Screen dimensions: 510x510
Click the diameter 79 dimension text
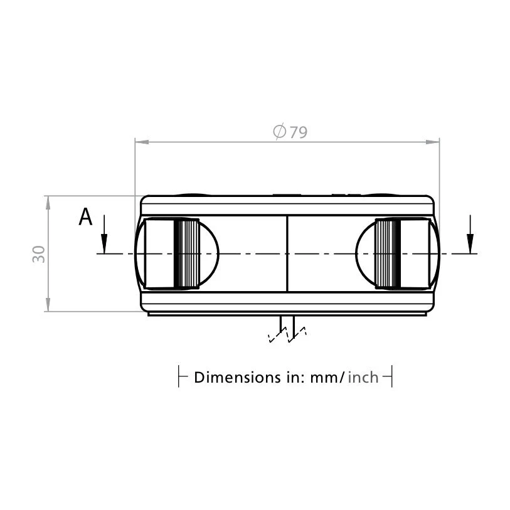coord(290,131)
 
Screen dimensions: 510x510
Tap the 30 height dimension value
coord(39,254)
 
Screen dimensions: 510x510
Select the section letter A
coord(85,216)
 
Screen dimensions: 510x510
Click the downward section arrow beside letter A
coord(104,234)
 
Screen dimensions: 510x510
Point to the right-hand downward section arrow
coord(470,234)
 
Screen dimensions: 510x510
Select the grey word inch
coord(363,377)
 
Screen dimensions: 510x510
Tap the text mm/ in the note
coord(327,378)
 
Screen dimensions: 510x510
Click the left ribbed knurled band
coord(187,253)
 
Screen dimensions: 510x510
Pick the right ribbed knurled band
coord(388,253)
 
